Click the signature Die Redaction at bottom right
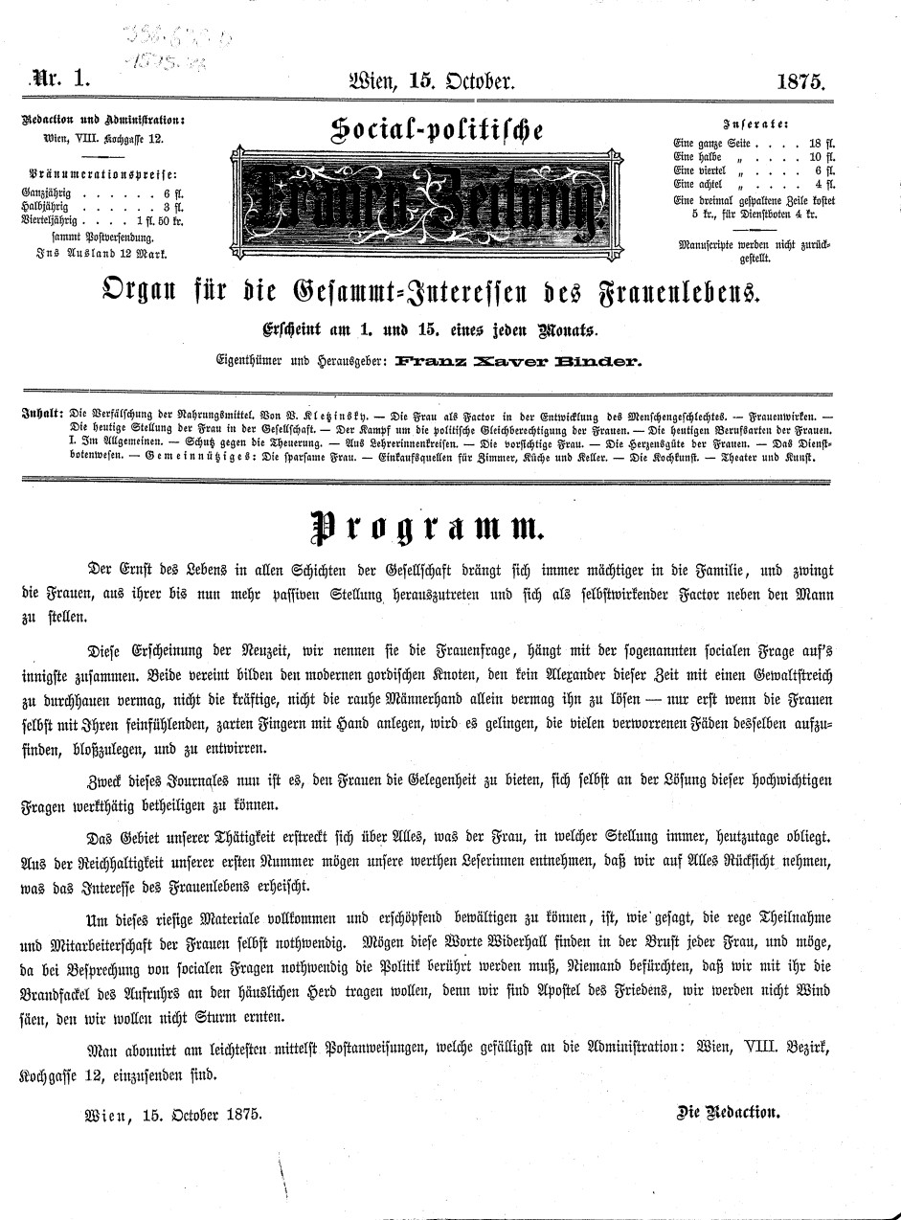pyautogui.click(x=729, y=1114)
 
